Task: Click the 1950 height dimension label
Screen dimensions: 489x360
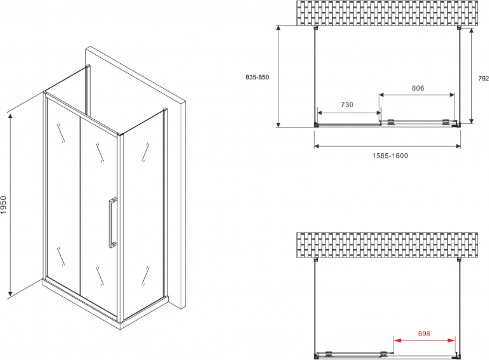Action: coord(4,204)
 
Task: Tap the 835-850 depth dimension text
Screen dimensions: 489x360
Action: coord(257,77)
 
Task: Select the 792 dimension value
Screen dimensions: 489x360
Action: coord(484,79)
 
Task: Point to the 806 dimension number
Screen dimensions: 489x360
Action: coord(418,88)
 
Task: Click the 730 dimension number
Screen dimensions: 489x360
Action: coord(347,105)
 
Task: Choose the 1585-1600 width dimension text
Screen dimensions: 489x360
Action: coord(390,156)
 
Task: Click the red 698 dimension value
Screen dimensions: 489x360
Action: coord(424,334)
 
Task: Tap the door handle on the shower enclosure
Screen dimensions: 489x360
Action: coord(113,222)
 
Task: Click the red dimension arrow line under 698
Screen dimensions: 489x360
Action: coord(424,340)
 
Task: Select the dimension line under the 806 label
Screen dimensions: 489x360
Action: coord(417,95)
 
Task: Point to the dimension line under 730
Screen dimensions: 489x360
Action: coord(349,113)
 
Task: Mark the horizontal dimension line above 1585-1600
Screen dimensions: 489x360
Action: coord(388,145)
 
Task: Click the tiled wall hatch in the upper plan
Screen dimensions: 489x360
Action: coord(387,13)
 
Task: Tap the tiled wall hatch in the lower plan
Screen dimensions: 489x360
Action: coord(387,245)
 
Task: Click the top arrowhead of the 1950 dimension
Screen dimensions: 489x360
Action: coord(10,117)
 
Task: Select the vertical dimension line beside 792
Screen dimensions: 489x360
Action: coord(472,76)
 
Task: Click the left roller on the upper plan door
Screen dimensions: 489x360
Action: coord(391,122)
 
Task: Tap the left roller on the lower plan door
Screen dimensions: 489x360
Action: coord(329,353)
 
